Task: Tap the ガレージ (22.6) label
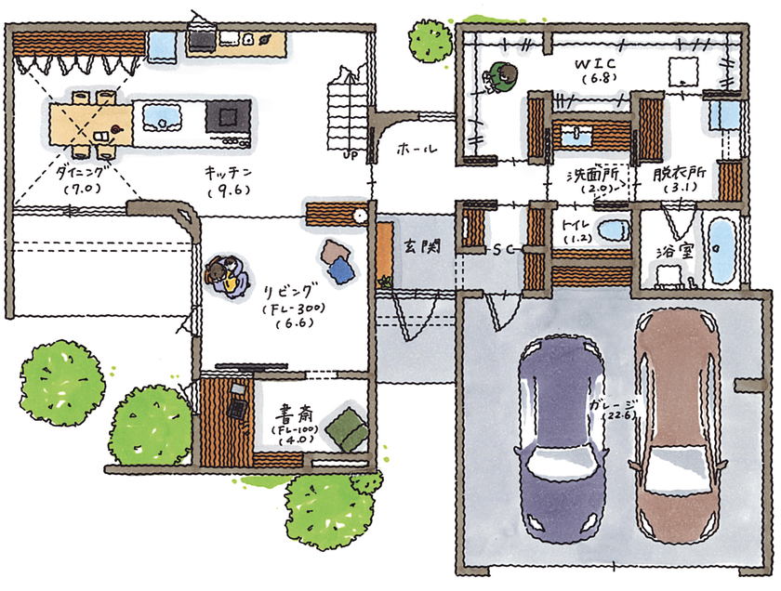click(x=615, y=409)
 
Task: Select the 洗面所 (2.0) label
click(x=589, y=179)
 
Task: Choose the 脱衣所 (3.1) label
click(x=679, y=178)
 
